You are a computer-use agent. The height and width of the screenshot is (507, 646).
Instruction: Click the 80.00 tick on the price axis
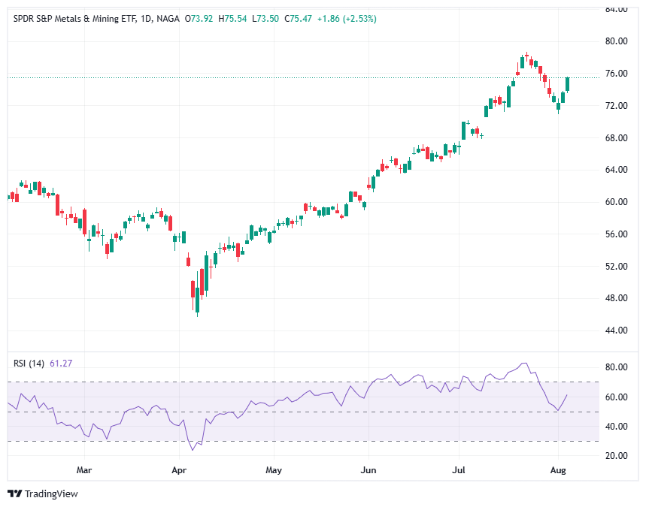617,41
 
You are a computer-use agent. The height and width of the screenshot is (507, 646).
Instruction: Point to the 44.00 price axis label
617,330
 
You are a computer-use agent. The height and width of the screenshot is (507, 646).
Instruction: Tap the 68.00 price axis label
617,138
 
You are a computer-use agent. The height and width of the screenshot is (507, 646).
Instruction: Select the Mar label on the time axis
84,471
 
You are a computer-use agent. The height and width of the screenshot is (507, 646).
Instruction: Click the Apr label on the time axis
179,471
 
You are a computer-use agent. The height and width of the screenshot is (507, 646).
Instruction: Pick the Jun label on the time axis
368,471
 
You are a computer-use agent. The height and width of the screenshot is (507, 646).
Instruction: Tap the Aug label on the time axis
559,471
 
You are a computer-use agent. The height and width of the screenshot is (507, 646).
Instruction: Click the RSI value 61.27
61,364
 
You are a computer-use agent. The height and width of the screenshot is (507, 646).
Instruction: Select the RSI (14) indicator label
29,364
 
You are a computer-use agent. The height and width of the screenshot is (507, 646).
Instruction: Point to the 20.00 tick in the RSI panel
617,456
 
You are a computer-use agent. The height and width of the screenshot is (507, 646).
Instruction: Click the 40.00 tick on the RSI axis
617,427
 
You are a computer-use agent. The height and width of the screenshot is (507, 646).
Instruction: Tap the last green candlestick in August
568,83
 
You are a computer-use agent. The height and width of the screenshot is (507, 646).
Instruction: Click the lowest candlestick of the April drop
197,300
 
